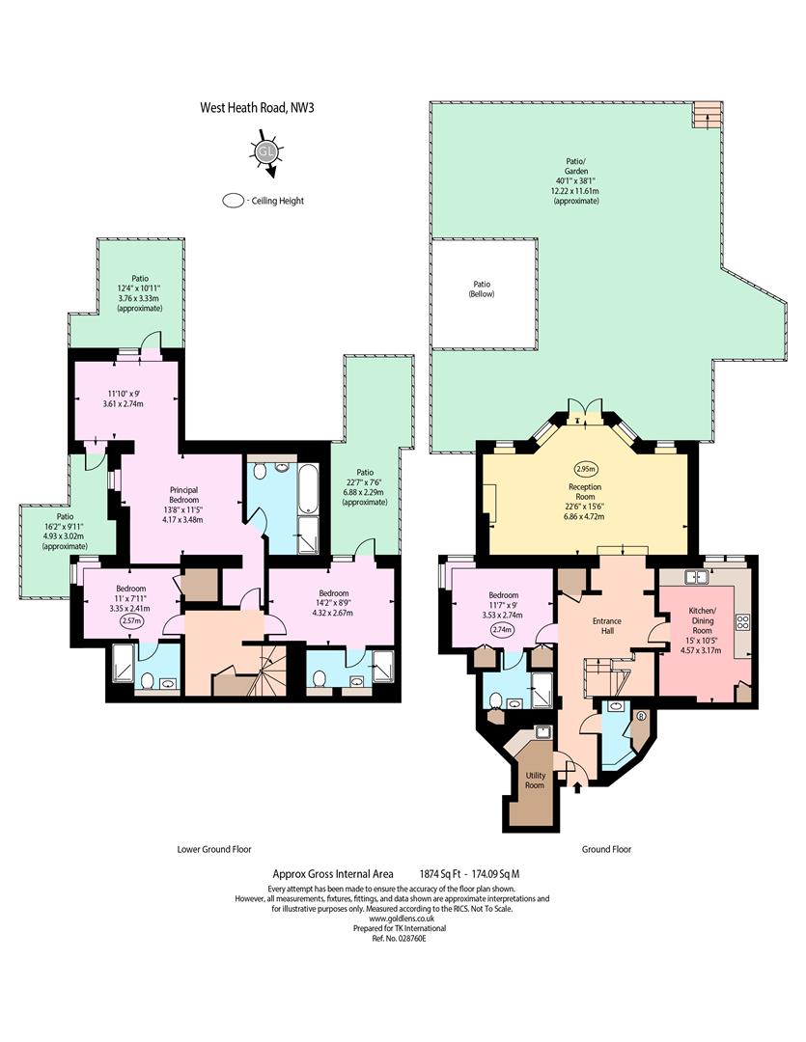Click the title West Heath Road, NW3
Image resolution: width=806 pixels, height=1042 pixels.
[x=257, y=108]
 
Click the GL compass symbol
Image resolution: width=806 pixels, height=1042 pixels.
[x=266, y=153]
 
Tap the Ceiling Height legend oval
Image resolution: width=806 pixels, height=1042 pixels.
[x=234, y=200]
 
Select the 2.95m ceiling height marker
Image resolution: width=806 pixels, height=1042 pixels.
[x=585, y=469]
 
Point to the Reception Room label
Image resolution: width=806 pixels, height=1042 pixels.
[x=585, y=492]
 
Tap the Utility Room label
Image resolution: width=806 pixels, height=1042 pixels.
[x=536, y=781]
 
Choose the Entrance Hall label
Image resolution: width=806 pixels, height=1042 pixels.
[x=606, y=625]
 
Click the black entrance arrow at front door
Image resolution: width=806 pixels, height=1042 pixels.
[x=576, y=787]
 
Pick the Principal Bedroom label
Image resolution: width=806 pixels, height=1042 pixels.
[x=183, y=494]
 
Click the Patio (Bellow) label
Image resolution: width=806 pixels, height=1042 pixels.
[x=482, y=289]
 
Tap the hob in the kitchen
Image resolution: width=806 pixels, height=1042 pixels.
[x=742, y=622]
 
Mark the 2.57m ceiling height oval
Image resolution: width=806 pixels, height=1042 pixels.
[x=130, y=621]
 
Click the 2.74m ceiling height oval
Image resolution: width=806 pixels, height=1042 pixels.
[x=503, y=629]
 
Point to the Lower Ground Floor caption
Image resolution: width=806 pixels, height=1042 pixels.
[x=214, y=849]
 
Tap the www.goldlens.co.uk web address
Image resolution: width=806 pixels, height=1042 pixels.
[x=392, y=919]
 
